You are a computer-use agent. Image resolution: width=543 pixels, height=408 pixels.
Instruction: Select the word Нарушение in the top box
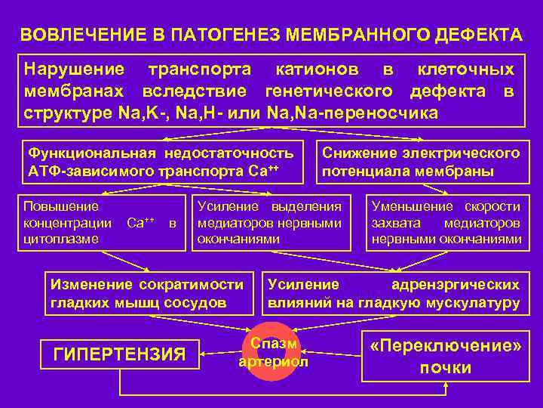click(x=75, y=70)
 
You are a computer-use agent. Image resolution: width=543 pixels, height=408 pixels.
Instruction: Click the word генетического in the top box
click(x=329, y=92)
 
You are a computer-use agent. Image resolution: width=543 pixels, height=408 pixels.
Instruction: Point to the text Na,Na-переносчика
click(x=351, y=113)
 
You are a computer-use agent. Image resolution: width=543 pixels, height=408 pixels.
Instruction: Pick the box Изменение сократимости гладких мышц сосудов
click(x=146, y=293)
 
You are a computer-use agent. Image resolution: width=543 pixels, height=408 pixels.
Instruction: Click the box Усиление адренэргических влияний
click(x=394, y=293)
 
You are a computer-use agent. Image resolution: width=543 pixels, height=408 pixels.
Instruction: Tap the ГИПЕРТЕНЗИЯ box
click(x=121, y=353)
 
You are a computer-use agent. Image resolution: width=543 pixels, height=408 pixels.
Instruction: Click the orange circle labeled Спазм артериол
click(x=273, y=353)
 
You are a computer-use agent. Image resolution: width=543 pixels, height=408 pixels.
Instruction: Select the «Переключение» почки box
click(x=446, y=357)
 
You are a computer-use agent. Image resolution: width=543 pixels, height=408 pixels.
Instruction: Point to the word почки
click(x=446, y=368)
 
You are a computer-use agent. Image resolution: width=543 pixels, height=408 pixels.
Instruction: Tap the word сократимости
click(x=192, y=285)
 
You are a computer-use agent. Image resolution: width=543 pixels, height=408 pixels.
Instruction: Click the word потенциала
click(x=362, y=172)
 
